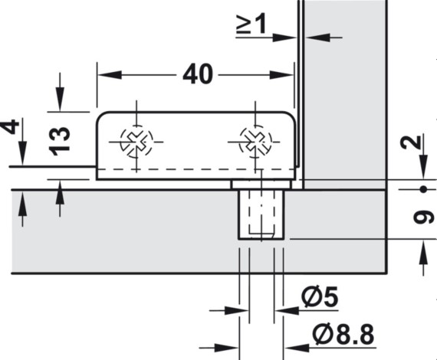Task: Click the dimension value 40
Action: (198, 74)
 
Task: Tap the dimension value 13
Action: (59, 141)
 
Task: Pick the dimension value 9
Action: (424, 218)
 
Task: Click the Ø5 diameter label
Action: (320, 296)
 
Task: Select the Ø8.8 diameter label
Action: (343, 334)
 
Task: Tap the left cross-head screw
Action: (136, 141)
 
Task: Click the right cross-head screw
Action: (255, 142)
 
